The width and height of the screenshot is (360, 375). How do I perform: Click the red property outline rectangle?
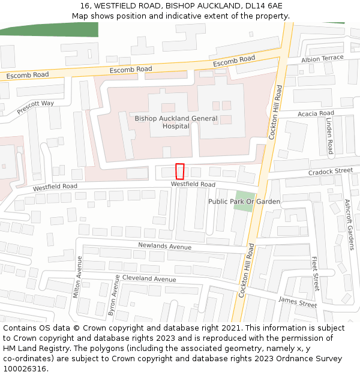coord(179,171)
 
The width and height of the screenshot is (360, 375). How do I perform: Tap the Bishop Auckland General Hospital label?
coord(176,122)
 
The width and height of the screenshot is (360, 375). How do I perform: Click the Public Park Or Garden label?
coord(244,202)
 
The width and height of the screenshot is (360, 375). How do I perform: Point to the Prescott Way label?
coord(35,107)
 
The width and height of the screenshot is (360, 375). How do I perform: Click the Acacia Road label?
coord(316,113)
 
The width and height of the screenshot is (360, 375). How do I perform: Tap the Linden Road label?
coord(329,136)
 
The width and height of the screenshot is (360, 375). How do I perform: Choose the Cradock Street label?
coord(331,171)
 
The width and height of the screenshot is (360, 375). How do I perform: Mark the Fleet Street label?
coord(315,274)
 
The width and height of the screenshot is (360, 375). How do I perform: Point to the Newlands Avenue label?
coord(164,246)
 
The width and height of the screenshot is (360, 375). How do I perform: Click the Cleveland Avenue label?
coord(149,279)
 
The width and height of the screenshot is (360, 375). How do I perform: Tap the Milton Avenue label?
coord(77,276)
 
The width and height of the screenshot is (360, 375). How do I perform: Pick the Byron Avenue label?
coord(112,296)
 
